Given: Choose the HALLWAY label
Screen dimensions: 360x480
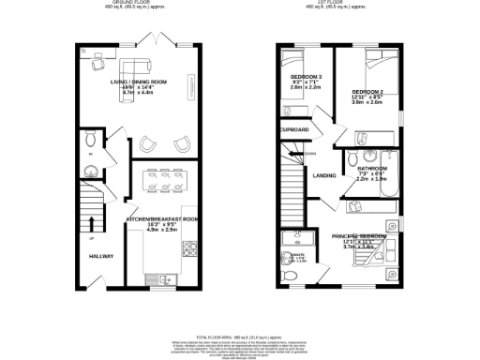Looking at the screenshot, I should (102, 256).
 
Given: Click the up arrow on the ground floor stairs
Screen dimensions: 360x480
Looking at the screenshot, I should (92, 223).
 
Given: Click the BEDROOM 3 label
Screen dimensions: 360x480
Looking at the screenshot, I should (306, 76).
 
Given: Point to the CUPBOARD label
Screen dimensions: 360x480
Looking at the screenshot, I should (294, 129).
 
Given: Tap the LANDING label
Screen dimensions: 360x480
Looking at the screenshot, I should (324, 175).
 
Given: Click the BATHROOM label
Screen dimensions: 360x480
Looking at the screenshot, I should (372, 169).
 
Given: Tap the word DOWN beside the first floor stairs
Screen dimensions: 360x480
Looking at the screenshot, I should (309, 154).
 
